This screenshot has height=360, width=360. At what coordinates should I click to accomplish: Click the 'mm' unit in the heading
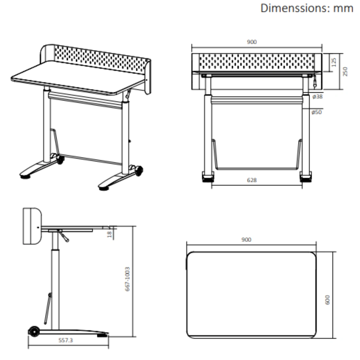tap(343, 9)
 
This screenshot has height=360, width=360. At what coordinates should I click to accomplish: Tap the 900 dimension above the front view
tap(252, 42)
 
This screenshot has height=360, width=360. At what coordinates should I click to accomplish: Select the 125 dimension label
tap(334, 62)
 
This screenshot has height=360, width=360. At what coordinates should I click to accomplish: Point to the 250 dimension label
tap(345, 71)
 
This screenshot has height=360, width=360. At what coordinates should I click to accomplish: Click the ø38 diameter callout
tap(317, 97)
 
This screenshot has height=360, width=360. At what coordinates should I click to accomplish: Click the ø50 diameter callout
tap(316, 112)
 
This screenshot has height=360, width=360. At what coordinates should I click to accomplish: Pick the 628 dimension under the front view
tap(252, 180)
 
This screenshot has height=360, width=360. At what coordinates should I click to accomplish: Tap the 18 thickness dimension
tap(110, 234)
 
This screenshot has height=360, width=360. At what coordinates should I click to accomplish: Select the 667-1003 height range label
tap(127, 279)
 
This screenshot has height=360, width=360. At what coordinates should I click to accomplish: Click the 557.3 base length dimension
tap(66, 340)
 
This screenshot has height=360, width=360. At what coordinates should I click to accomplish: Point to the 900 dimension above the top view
tap(246, 240)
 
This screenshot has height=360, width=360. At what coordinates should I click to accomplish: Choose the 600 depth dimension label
tap(327, 300)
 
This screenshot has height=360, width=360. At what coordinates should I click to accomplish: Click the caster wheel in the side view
tap(34, 332)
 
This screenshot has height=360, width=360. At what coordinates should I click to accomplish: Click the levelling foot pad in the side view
tap(102, 335)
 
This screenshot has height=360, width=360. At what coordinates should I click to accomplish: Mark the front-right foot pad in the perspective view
tap(104, 189)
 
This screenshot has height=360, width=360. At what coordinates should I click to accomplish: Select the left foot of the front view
tap(208, 177)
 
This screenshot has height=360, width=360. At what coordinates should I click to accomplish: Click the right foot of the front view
tap(306, 177)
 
